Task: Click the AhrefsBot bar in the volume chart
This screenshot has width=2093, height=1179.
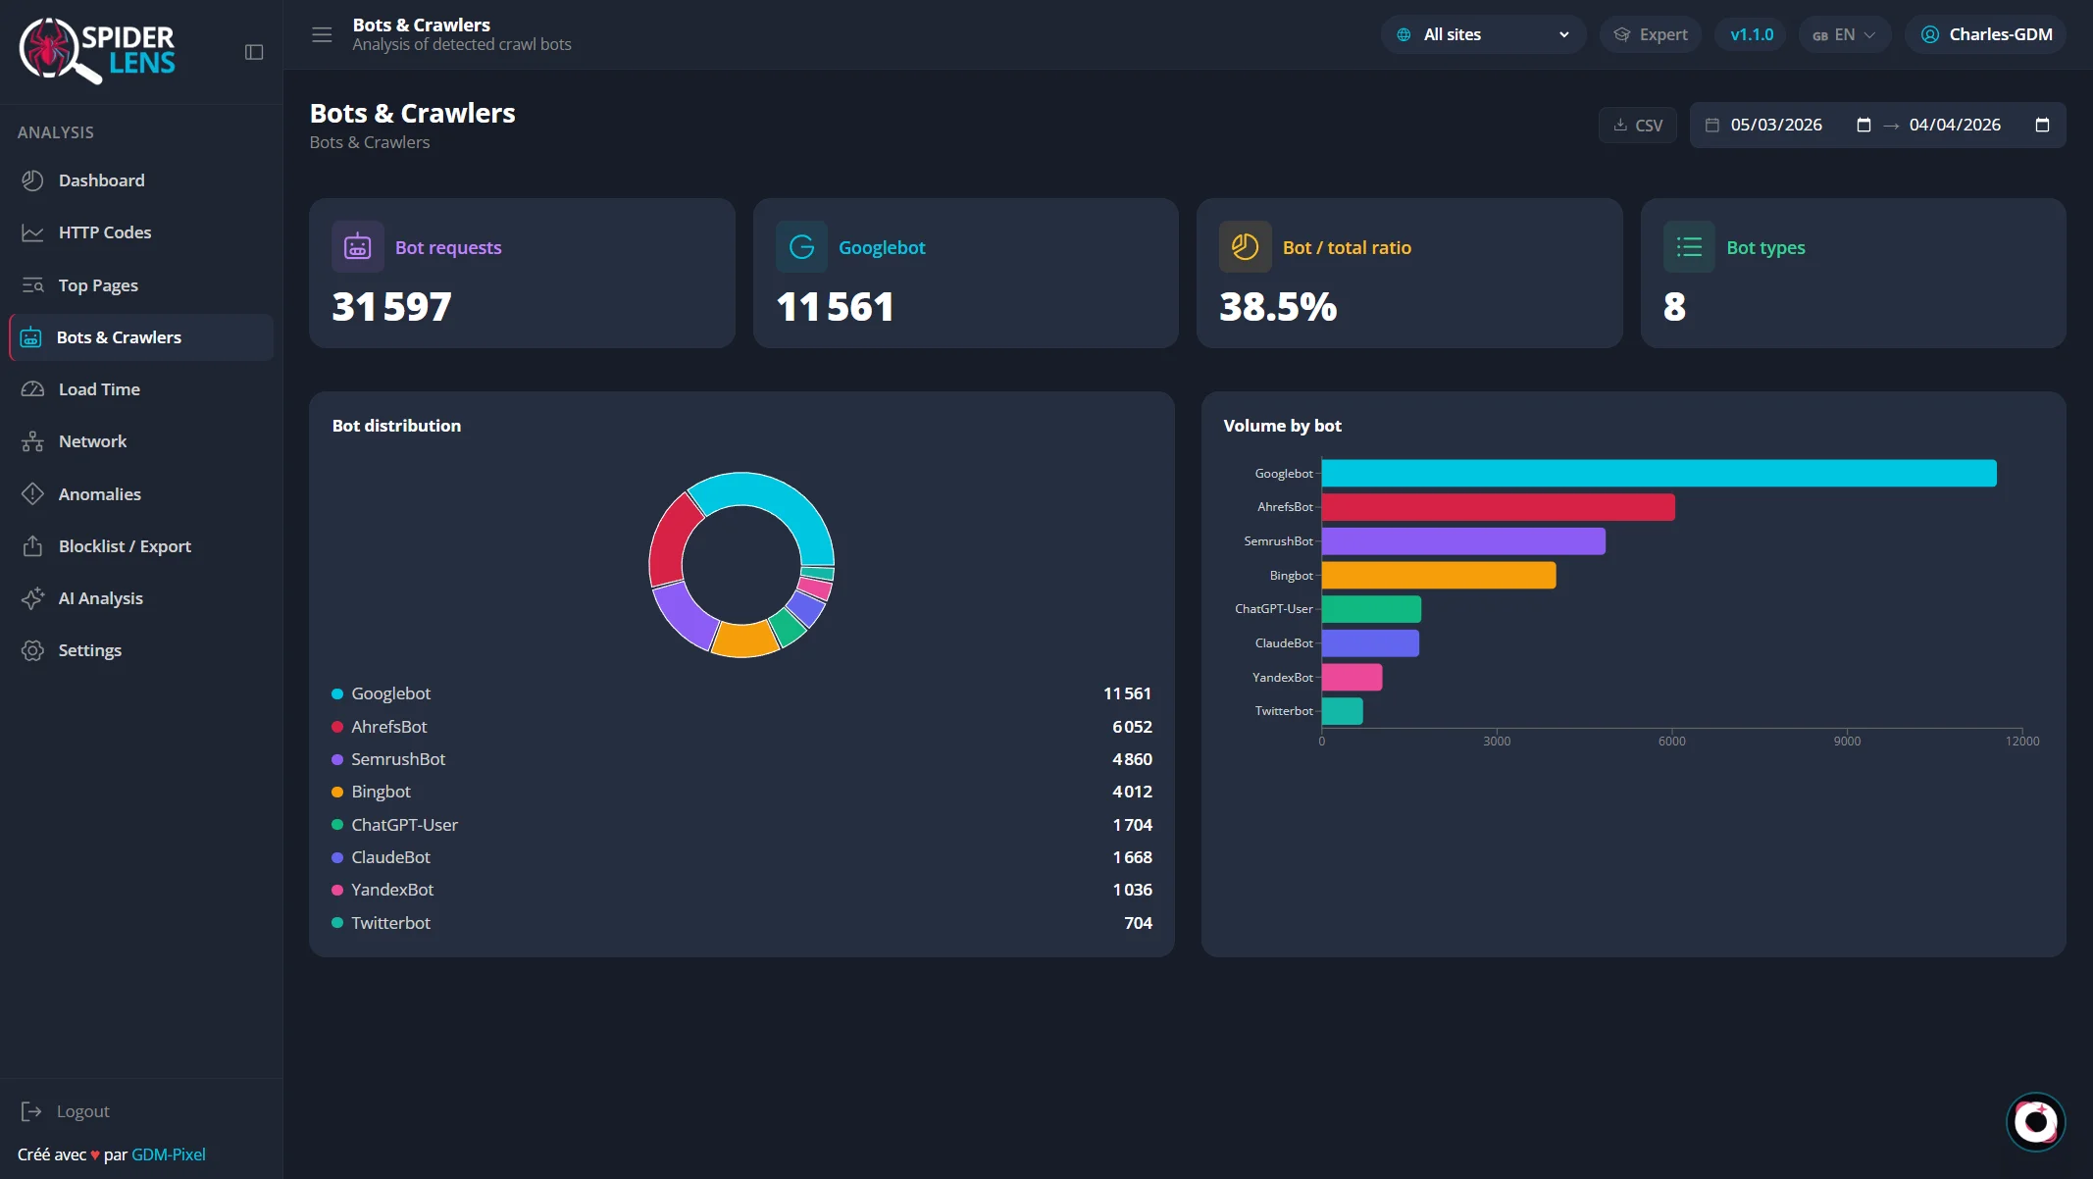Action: pos(1498,507)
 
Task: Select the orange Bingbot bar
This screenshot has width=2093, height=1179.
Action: pos(1438,575)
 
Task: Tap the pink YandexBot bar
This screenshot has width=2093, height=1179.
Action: pos(1352,677)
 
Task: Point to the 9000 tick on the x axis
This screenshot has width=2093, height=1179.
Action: pos(1847,741)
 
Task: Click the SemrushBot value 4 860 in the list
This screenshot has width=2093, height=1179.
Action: pos(1132,759)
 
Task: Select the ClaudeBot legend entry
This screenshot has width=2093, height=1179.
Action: pos(390,857)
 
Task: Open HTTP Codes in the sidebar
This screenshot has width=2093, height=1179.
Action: pos(105,232)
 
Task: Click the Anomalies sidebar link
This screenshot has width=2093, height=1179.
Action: pos(99,494)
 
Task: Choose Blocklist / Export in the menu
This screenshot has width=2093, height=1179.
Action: pos(125,546)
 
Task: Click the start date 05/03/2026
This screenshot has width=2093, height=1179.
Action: pos(1776,125)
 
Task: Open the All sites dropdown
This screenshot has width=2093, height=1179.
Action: pos(1483,34)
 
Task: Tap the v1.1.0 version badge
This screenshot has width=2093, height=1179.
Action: pos(1752,34)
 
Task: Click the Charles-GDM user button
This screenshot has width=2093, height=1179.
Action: pos(1986,34)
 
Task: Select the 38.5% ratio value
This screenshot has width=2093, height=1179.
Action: pos(1278,307)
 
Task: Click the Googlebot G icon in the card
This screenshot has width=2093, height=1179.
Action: pos(801,247)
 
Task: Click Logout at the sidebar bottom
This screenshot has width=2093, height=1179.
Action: pos(82,1111)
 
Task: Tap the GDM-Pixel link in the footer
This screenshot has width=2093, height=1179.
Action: pos(169,1154)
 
